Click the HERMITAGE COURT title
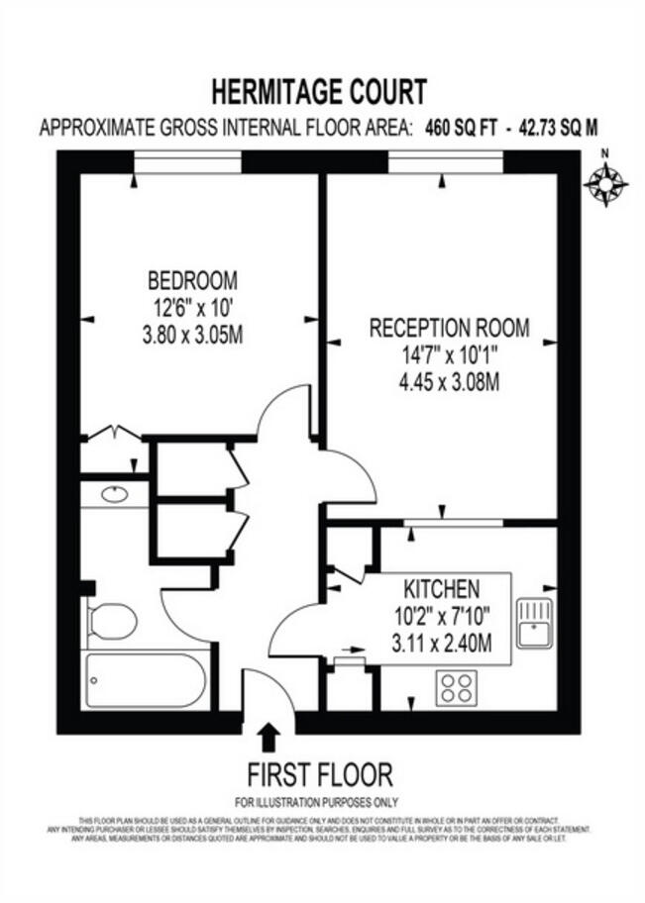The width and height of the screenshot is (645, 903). pos(319,93)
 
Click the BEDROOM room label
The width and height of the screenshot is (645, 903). pos(193,279)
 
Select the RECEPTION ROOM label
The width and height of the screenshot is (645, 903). pos(449,328)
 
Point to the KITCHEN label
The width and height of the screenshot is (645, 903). pos(441,588)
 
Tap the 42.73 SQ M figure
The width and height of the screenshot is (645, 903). pos(554,128)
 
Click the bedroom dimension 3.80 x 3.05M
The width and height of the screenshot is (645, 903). pos(193,335)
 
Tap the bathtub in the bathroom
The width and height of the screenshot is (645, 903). pos(146,680)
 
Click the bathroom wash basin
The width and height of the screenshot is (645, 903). pos(115,493)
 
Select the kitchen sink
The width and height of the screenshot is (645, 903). pos(535,621)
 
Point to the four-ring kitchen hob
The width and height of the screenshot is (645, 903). pos(456,686)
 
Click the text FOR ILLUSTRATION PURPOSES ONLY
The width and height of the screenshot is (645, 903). pos(316,802)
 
